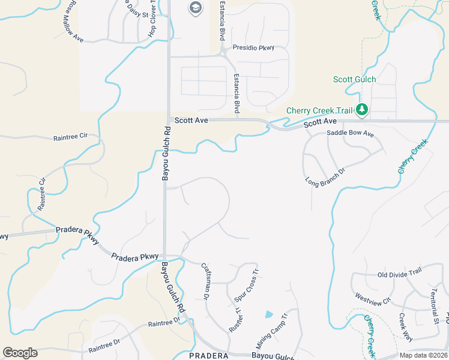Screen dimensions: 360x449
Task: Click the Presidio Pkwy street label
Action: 253,47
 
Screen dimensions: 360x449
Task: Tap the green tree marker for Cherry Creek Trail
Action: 361,110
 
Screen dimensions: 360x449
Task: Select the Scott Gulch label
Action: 355,80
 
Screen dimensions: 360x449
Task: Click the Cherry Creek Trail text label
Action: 318,110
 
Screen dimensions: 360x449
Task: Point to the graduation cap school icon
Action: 195,8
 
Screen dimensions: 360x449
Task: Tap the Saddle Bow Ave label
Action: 351,134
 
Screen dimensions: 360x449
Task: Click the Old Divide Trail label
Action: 400,272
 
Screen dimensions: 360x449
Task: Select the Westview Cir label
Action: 373,297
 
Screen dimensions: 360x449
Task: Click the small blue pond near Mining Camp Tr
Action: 268,314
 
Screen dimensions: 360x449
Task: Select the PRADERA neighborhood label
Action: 208,356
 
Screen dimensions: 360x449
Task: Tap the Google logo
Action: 20,353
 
